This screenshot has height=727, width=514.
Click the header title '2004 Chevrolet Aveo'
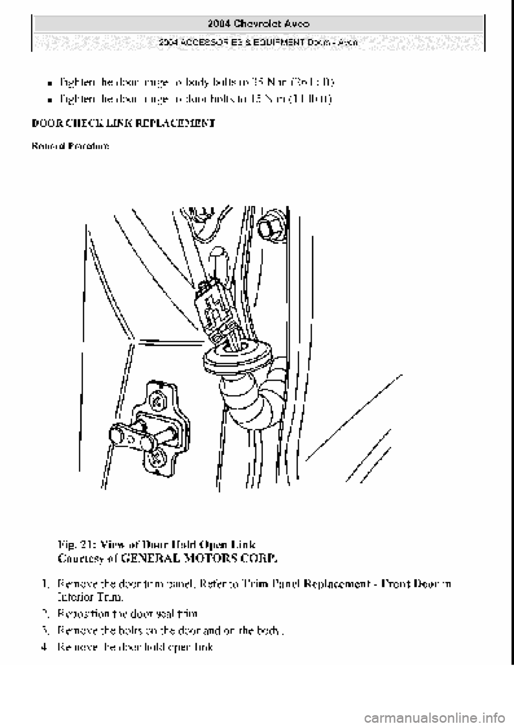point(258,24)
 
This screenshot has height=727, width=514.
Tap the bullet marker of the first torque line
point(49,84)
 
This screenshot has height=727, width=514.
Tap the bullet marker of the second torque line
point(49,100)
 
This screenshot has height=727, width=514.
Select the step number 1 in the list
point(46,584)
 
